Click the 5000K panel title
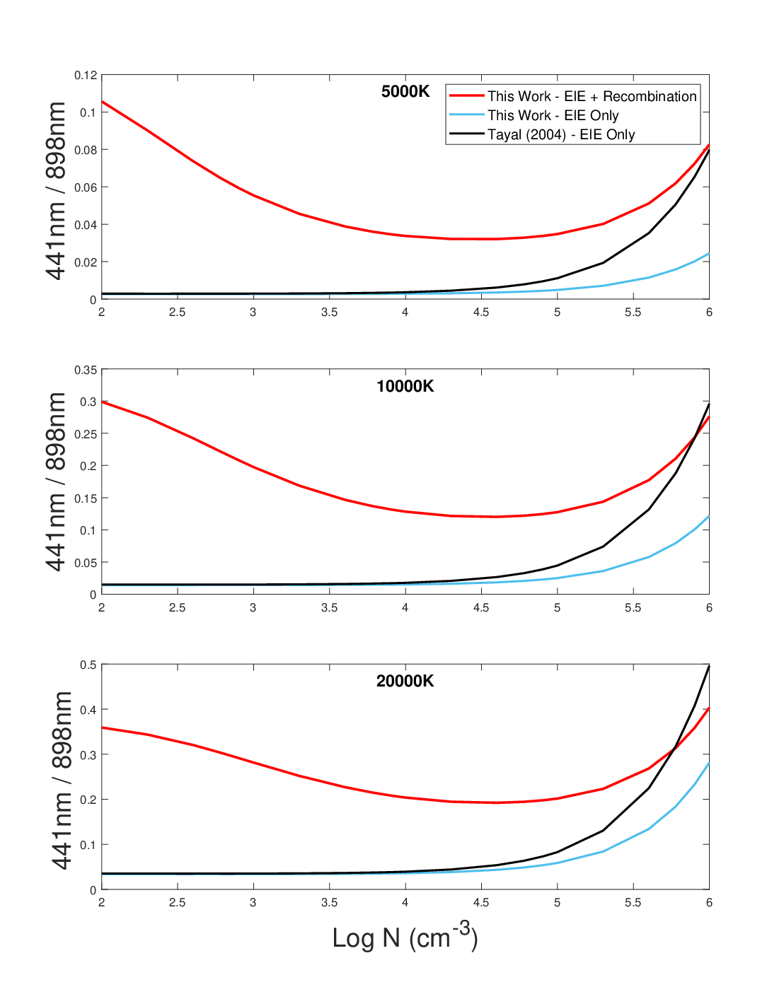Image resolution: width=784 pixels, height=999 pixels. [405, 91]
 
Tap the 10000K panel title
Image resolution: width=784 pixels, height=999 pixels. [405, 386]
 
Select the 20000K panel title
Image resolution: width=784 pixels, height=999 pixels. [405, 681]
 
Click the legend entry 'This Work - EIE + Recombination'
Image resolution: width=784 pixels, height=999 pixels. [592, 96]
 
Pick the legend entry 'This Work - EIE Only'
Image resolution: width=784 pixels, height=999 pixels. [553, 115]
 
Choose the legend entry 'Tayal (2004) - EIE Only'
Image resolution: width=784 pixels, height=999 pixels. [561, 134]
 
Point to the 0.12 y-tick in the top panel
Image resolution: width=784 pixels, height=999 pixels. [86, 75]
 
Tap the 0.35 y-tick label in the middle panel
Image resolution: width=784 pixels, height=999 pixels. [86, 370]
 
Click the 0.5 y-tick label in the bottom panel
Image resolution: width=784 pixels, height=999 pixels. [88, 665]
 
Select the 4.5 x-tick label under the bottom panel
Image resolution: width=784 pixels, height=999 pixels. [481, 902]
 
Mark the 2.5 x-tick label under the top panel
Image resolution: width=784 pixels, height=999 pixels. [177, 312]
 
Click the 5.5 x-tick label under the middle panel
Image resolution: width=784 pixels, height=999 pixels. [633, 607]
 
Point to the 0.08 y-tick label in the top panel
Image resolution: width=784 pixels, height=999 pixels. [86, 150]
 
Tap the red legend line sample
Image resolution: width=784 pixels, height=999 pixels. [467, 95]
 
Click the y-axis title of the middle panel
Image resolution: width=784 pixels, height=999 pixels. [56, 481]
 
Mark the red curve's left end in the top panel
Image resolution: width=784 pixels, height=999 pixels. [102, 101]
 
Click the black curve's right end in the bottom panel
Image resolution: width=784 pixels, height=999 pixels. [709, 666]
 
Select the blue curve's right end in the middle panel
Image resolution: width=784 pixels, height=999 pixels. [709, 516]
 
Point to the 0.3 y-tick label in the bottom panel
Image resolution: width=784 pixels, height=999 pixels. [88, 754]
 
